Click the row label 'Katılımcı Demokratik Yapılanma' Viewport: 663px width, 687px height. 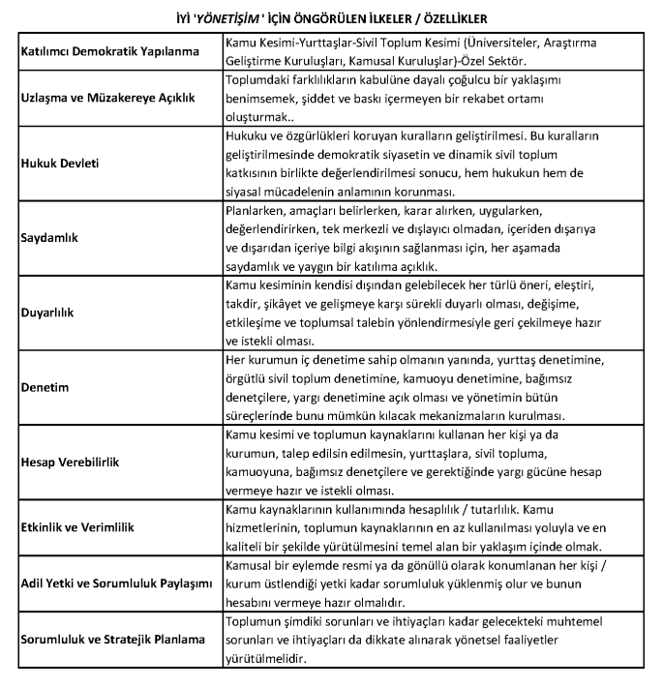pos(116,51)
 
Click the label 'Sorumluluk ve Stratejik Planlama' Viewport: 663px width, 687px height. pos(113,639)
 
